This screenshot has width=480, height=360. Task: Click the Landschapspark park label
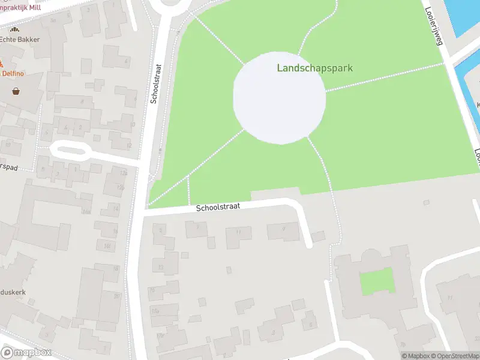[x=315, y=68]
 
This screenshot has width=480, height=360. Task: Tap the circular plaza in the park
[x=279, y=98]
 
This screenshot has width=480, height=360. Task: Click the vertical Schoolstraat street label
[x=156, y=84]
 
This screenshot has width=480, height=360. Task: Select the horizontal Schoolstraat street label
[x=218, y=206]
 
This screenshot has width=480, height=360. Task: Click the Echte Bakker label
[x=20, y=40]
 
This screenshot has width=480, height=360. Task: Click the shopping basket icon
[x=15, y=91]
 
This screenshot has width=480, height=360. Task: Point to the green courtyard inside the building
[x=377, y=281]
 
